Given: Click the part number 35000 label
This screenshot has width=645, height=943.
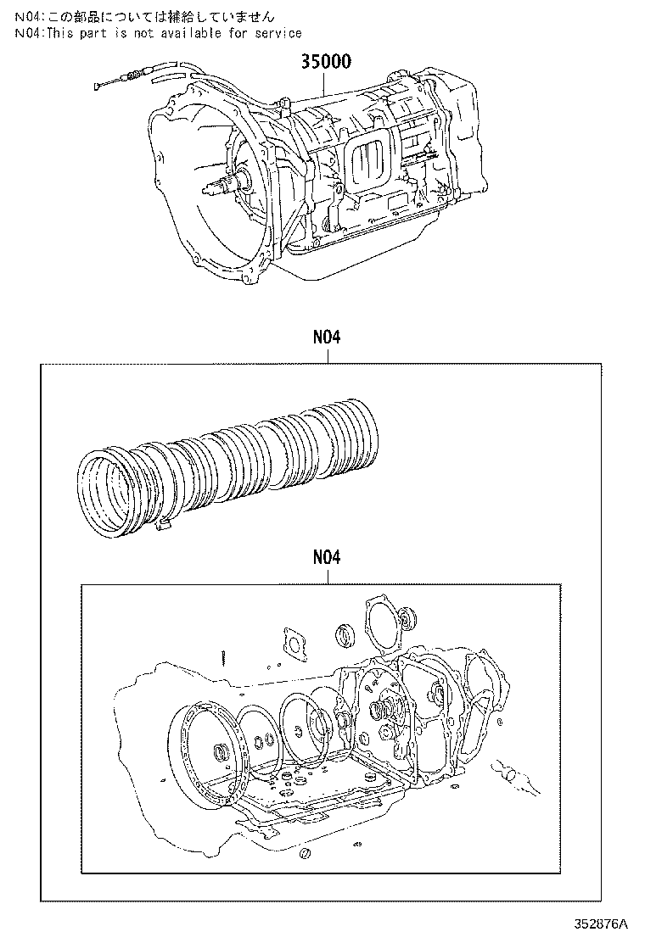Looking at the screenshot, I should [326, 62].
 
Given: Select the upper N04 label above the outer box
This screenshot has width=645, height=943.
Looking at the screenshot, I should [326, 338].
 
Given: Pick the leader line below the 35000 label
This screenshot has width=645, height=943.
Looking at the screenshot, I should [326, 83].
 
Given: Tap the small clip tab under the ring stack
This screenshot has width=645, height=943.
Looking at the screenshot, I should [165, 529].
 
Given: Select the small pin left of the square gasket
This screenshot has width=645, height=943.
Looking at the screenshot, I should [222, 657].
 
